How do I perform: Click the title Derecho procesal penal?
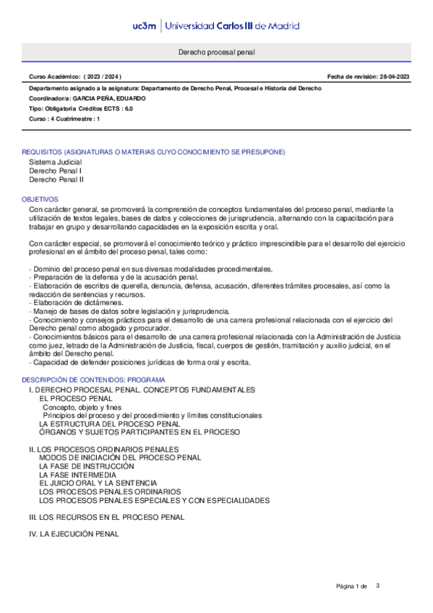click(216, 53)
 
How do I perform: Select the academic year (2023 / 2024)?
click(103, 77)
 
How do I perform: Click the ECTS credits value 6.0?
click(128, 108)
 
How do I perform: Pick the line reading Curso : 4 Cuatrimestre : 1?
click(64, 118)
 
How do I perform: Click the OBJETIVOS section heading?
click(40, 199)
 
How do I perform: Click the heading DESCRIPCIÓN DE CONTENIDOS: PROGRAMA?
click(93, 380)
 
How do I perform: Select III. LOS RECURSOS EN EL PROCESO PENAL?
click(106, 517)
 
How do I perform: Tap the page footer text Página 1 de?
click(352, 585)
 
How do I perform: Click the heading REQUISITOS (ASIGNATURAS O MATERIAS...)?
click(153, 152)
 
